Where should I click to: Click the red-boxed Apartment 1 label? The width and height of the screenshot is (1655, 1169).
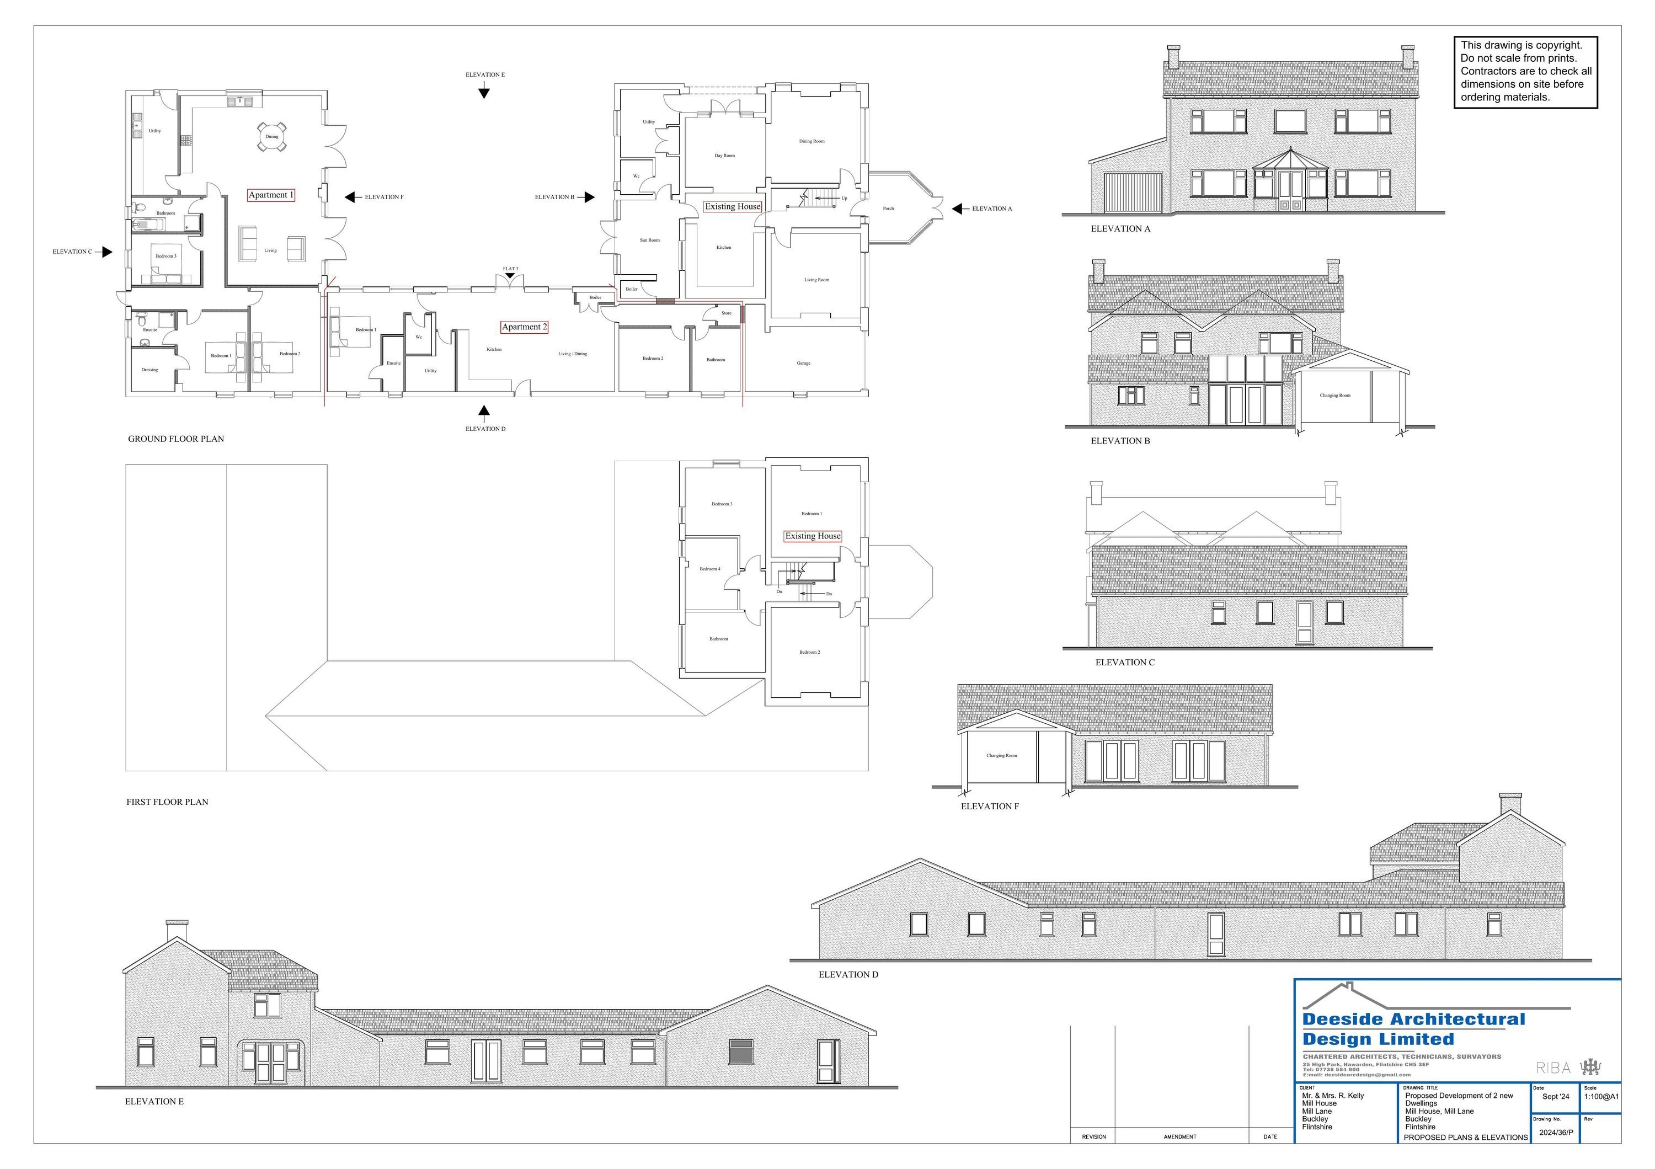click(x=271, y=195)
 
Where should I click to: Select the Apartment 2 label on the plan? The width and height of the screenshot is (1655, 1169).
click(x=524, y=327)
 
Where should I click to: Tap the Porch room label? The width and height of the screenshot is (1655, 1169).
click(x=888, y=209)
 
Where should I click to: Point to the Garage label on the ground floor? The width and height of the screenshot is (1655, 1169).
click(x=804, y=363)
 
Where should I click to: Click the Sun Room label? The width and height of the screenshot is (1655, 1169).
click(x=649, y=240)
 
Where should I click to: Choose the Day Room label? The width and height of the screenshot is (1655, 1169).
click(x=724, y=156)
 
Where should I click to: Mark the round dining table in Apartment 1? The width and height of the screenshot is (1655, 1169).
click(x=272, y=136)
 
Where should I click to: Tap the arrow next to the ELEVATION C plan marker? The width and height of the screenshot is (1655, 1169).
click(x=106, y=252)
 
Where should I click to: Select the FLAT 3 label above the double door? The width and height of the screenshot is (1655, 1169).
click(x=510, y=269)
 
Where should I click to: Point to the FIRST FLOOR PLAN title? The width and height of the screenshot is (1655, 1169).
click(x=167, y=802)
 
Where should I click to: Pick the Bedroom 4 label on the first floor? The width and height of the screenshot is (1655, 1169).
click(x=709, y=569)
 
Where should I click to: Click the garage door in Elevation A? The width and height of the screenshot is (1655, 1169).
click(x=1131, y=193)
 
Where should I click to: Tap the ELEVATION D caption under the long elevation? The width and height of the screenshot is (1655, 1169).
click(x=848, y=974)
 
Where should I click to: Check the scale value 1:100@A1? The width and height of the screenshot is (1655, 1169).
click(x=1601, y=1097)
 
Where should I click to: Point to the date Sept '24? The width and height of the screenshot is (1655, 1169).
click(x=1556, y=1097)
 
